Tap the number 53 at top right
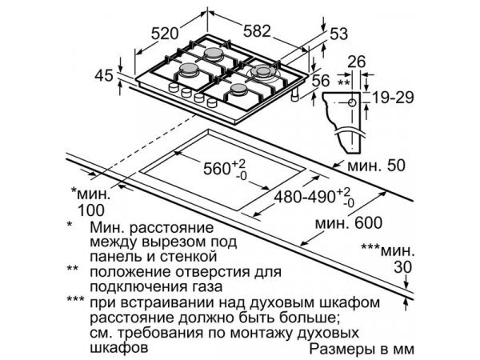(339, 33)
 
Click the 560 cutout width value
(223, 170)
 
